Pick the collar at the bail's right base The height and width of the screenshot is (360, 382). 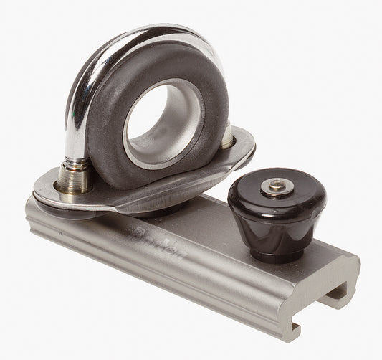(x=226, y=136)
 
